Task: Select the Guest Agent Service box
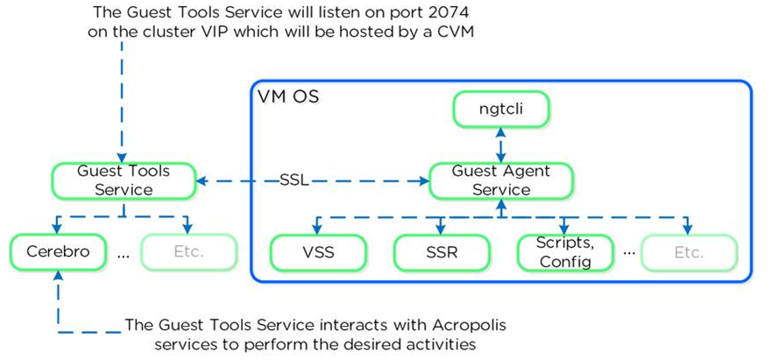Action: tap(500, 180)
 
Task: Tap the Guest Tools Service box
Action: tap(124, 180)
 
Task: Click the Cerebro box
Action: tap(58, 251)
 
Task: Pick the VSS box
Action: tap(319, 253)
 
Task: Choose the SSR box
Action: tap(442, 253)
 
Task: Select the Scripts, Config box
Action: tap(564, 253)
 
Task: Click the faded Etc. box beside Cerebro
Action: tap(188, 251)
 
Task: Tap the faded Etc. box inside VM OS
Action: tap(689, 253)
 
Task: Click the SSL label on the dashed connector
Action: tap(294, 180)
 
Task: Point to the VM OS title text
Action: tap(288, 97)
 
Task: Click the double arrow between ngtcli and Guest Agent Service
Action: tap(500, 145)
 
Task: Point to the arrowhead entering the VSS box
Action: tap(317, 229)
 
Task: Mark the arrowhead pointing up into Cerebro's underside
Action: tap(58, 275)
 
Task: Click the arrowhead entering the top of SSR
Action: tap(441, 229)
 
